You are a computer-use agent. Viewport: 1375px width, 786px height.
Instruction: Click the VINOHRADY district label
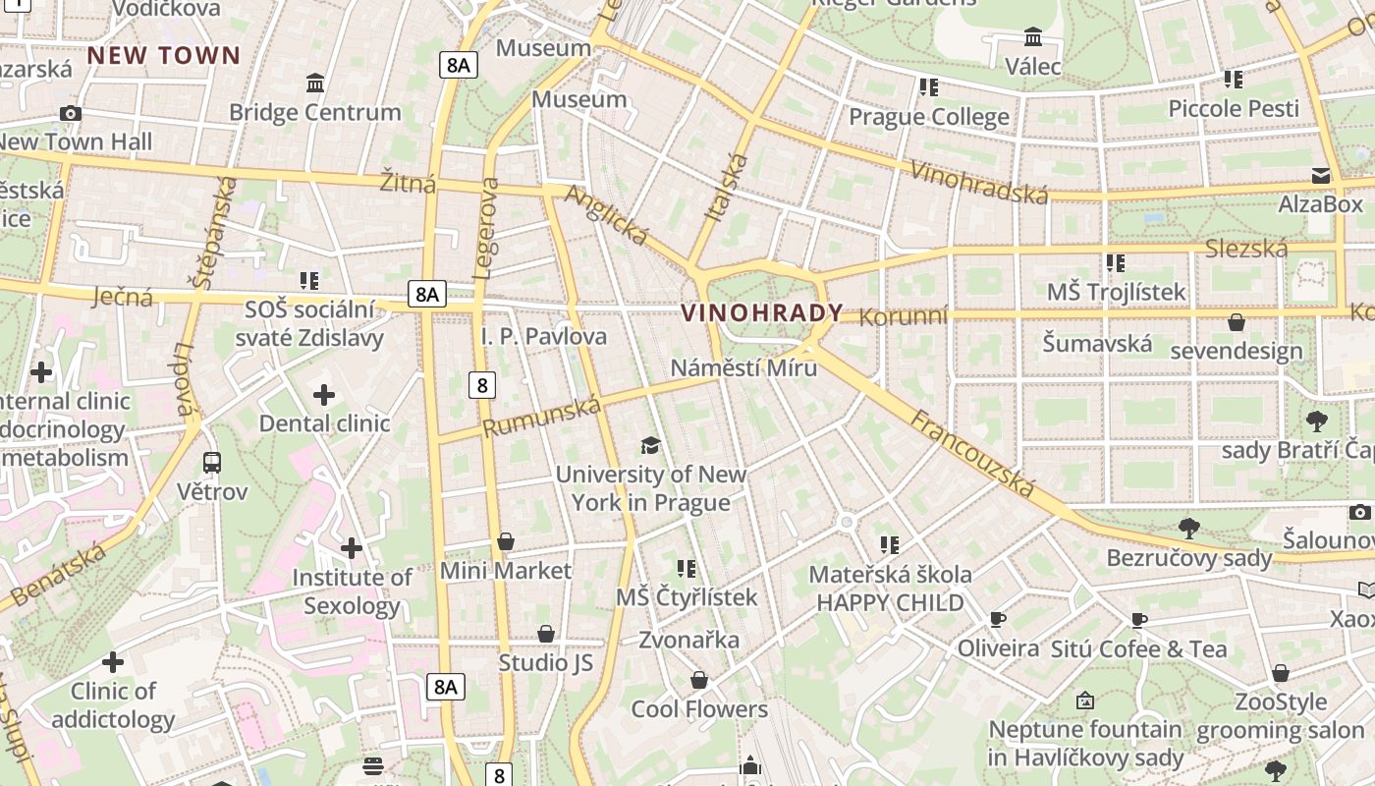pos(762,313)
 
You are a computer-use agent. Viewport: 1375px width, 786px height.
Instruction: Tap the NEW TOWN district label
pos(164,55)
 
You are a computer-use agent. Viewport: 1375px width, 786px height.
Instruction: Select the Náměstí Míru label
pos(743,367)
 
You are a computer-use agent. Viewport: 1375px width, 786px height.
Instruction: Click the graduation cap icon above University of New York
pos(650,446)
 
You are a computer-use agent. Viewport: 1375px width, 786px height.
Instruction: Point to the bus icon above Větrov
pos(211,462)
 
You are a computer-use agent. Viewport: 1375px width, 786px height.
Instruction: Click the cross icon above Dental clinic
pos(324,396)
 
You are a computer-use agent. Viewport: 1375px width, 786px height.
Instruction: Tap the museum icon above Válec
pos(1033,37)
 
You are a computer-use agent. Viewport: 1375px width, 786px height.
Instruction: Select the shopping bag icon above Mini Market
pos(506,541)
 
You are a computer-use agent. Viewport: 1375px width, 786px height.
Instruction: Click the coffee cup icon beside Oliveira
pos(998,619)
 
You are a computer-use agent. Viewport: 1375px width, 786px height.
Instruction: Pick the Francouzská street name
pos(972,453)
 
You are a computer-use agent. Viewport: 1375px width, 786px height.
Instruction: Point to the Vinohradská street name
pos(979,182)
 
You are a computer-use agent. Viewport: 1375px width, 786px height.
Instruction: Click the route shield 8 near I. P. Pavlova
pos(481,385)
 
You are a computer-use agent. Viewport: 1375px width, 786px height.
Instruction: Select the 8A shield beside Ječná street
pos(427,293)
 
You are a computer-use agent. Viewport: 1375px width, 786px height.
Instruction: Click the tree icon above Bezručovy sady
pos(1188,528)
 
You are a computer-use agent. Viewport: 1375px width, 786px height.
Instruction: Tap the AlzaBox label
pos(1320,204)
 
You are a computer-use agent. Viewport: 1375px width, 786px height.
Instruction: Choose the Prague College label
pos(928,117)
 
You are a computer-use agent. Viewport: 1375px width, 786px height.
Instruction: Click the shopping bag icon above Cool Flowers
pos(699,680)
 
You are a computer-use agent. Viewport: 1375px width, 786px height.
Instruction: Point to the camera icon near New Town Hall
pos(71,113)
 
